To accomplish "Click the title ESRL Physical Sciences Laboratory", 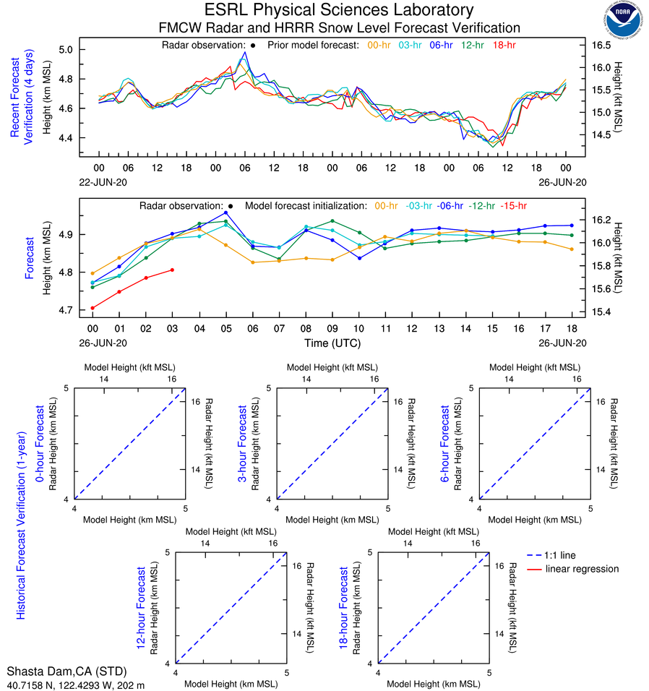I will tap(340, 10).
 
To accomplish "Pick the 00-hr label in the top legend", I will tap(380, 45).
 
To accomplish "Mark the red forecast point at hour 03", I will tap(172, 270).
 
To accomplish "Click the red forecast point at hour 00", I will tap(93, 308).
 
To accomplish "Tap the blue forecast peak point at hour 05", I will tap(225, 213).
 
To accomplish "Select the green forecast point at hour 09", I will tap(332, 220).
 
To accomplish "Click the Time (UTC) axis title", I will tap(332, 343).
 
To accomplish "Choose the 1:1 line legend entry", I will tap(561, 555).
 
